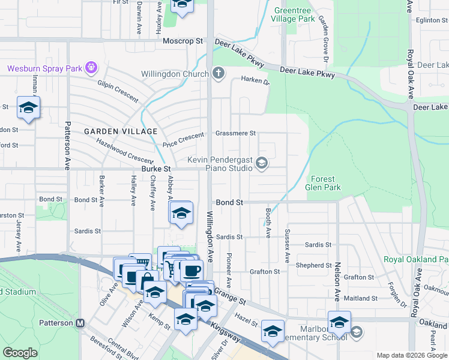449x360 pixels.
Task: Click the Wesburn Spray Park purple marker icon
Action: pyautogui.click(x=91, y=68)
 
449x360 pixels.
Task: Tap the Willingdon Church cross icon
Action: pyautogui.click(x=218, y=74)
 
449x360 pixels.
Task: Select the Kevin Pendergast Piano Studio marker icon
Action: pyautogui.click(x=262, y=163)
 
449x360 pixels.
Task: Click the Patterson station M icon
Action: pyautogui.click(x=80, y=323)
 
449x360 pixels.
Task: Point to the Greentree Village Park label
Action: pyautogui.click(x=294, y=14)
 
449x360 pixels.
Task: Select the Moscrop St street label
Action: pyautogui.click(x=183, y=41)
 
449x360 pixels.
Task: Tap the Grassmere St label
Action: pyautogui.click(x=235, y=133)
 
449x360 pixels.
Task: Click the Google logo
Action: pyautogui.click(x=20, y=353)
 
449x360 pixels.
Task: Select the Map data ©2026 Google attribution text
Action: pyautogui.click(x=412, y=355)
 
